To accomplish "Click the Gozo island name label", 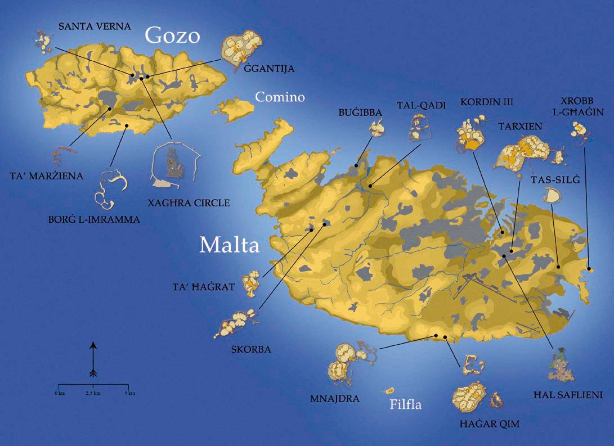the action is tap(172, 35).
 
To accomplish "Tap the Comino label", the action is tap(280, 97).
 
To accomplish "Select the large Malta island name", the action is tap(229, 245).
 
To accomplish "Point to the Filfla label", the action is tap(405, 404).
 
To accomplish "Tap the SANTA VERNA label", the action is tap(95, 26).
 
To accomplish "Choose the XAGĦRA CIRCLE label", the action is tap(195, 203).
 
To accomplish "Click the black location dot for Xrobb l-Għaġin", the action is tap(589, 269).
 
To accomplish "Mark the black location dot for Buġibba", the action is tap(356, 165).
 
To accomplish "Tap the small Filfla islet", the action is tap(388, 390).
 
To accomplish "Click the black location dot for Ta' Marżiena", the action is tap(110, 109).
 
